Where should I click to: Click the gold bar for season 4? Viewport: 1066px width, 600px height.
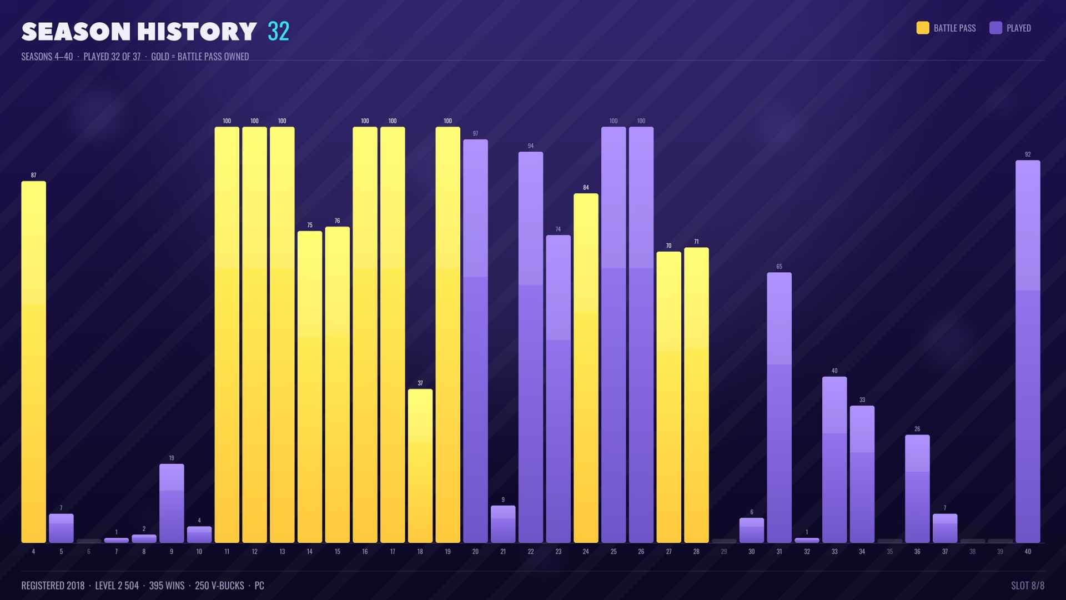(x=33, y=362)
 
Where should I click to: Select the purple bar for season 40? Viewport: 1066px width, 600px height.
(x=1028, y=352)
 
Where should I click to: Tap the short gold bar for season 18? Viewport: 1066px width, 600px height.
(x=420, y=466)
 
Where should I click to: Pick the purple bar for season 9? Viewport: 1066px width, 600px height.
(x=172, y=503)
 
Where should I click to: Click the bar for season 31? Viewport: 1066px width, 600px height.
(x=779, y=408)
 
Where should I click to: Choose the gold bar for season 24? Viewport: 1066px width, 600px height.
(x=586, y=368)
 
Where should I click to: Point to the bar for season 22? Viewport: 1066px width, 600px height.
(x=531, y=347)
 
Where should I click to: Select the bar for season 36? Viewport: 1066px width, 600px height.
(x=917, y=489)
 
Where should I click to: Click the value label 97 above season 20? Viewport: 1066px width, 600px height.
(x=475, y=133)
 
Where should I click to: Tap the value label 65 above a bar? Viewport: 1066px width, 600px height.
(x=779, y=267)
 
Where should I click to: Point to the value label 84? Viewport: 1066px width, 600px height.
(x=586, y=188)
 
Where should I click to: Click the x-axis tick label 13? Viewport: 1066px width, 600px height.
(x=282, y=552)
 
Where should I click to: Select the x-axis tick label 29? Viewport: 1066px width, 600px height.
(x=724, y=552)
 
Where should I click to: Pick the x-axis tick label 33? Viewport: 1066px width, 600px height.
(x=834, y=552)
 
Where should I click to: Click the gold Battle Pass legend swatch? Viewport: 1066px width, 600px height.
(x=923, y=28)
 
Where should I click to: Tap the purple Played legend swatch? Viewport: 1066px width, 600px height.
(x=995, y=28)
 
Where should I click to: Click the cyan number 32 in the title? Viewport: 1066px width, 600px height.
(x=278, y=32)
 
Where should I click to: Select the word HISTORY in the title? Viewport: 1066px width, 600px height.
(x=197, y=32)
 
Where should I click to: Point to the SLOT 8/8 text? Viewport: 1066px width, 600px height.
(x=1028, y=586)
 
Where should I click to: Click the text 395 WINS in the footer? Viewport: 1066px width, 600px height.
(x=167, y=586)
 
